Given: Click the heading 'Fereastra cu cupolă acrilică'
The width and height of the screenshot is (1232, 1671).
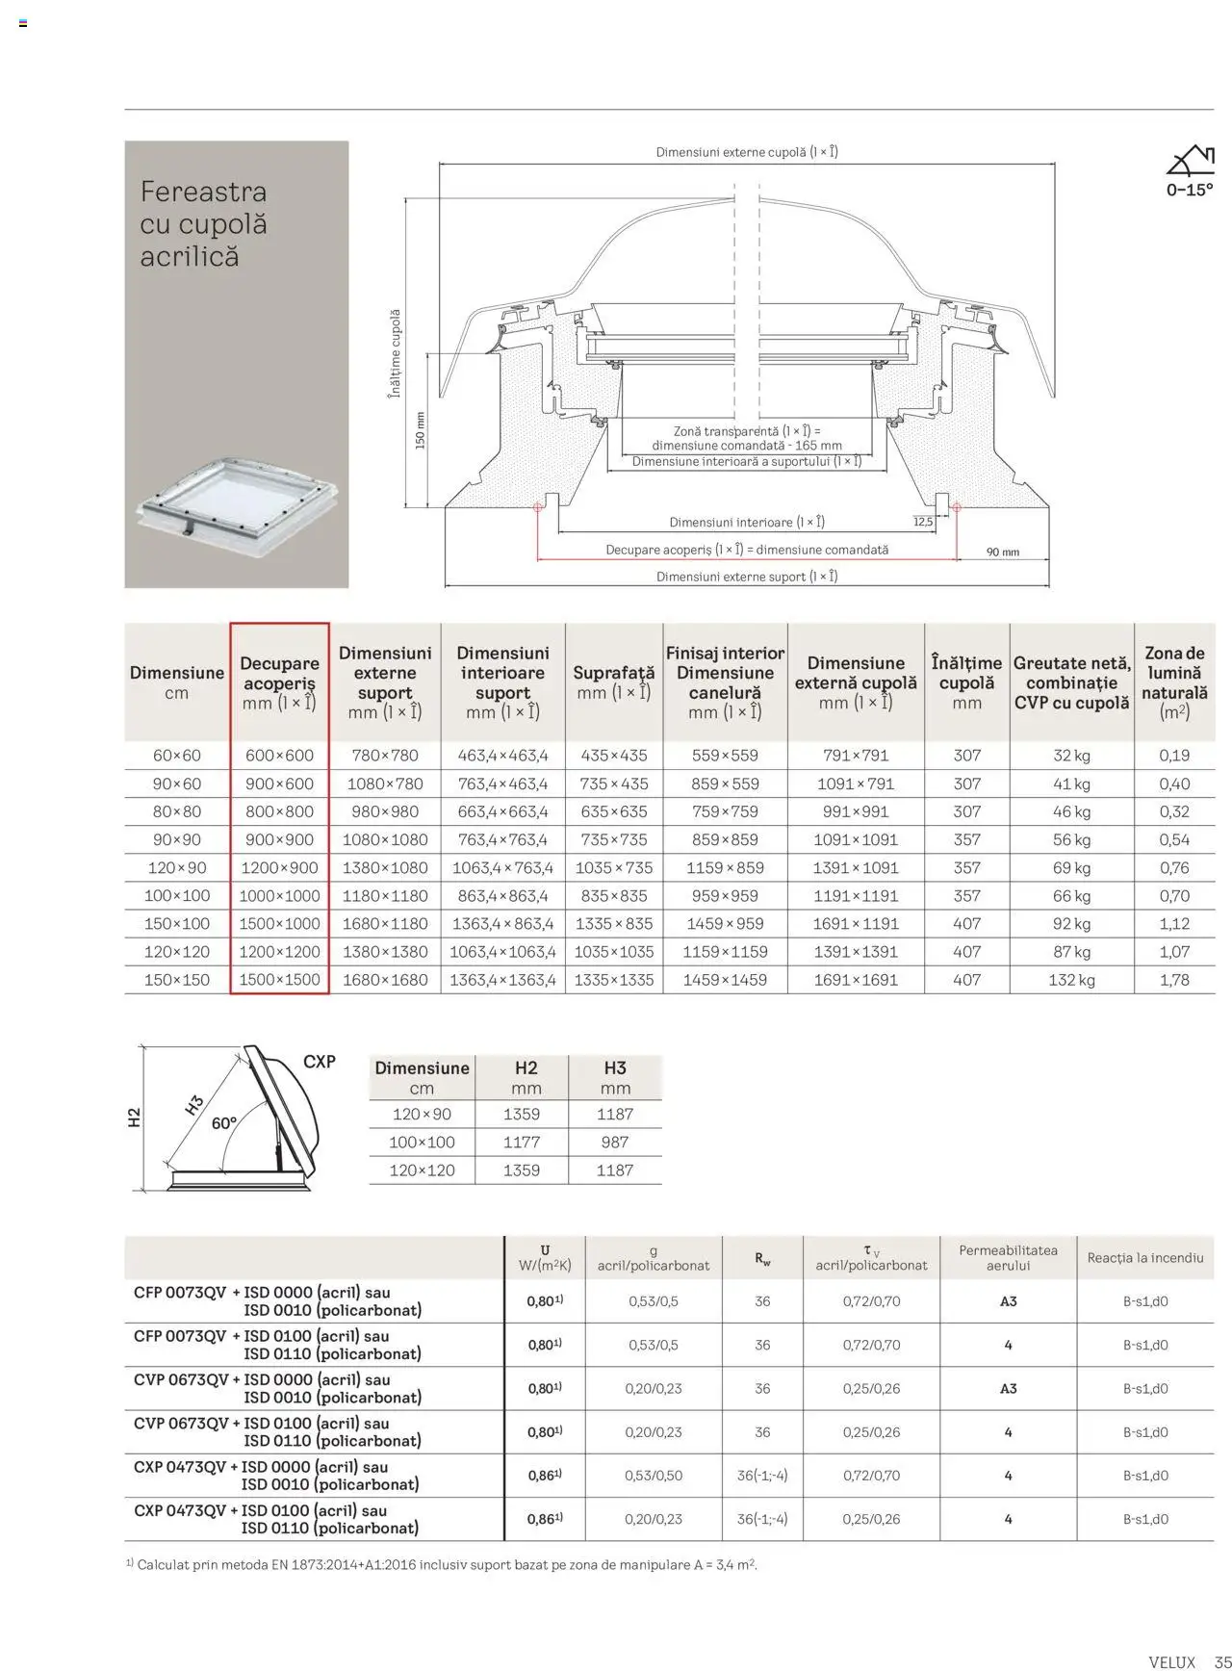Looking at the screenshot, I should (x=204, y=224).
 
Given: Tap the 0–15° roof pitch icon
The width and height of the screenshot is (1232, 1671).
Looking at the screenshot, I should (x=1190, y=171).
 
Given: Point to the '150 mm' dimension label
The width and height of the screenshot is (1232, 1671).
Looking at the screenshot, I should (x=420, y=429).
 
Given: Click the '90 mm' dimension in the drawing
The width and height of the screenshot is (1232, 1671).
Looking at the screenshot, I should (x=1002, y=553).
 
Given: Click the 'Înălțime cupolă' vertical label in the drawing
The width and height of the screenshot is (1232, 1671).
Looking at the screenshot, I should (x=395, y=354).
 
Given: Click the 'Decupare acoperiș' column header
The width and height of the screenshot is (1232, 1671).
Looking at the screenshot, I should (x=279, y=682).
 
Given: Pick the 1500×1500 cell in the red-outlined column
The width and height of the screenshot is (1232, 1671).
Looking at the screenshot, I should (x=279, y=980).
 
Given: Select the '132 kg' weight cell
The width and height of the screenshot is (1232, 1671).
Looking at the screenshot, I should (x=1071, y=980).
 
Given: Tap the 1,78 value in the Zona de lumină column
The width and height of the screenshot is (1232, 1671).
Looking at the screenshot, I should (x=1174, y=980).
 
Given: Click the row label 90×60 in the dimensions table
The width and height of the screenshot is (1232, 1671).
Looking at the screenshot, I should (x=177, y=784).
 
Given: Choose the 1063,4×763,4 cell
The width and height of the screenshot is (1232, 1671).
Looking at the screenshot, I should (x=502, y=867).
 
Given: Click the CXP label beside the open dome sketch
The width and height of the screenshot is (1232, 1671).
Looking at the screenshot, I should (x=319, y=1062).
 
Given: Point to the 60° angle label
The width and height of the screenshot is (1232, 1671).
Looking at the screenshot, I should (x=224, y=1123).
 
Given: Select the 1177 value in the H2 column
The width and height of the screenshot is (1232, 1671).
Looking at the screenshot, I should (x=522, y=1143).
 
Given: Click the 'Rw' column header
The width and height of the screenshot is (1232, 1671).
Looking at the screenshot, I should (x=762, y=1258).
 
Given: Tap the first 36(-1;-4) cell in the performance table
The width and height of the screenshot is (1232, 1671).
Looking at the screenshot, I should (x=762, y=1476).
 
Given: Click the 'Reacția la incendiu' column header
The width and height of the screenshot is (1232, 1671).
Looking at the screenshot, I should (x=1144, y=1258).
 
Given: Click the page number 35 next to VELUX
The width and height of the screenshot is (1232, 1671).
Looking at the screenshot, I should (x=1221, y=1661).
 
